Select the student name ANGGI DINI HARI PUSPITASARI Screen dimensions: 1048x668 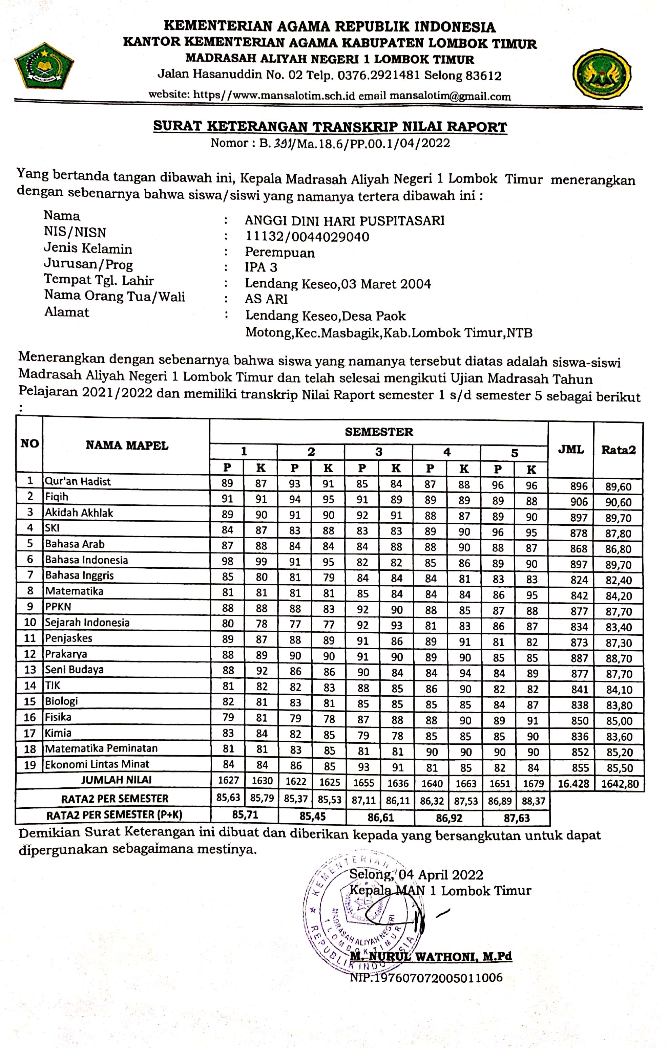click(x=345, y=221)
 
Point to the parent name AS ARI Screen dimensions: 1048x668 click(x=266, y=299)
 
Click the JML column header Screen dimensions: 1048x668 click(x=571, y=449)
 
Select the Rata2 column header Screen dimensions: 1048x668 click(x=618, y=450)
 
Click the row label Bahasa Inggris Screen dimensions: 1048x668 click(x=80, y=575)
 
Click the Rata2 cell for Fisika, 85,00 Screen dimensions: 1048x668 click(x=619, y=721)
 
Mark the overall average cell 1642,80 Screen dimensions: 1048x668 click(x=620, y=784)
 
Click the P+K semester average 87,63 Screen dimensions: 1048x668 click(x=517, y=818)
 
